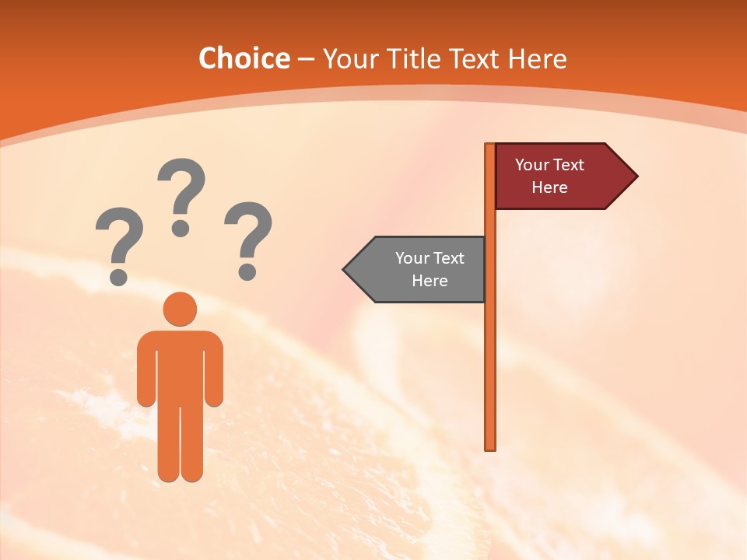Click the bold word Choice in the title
click(x=244, y=58)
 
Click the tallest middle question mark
click(x=181, y=191)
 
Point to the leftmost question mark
click(x=119, y=241)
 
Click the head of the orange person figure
click(x=180, y=309)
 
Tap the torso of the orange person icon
click(x=180, y=366)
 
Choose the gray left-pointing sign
click(x=420, y=269)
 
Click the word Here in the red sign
click(x=549, y=187)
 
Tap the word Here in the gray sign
click(x=430, y=281)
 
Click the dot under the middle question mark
click(x=181, y=228)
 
